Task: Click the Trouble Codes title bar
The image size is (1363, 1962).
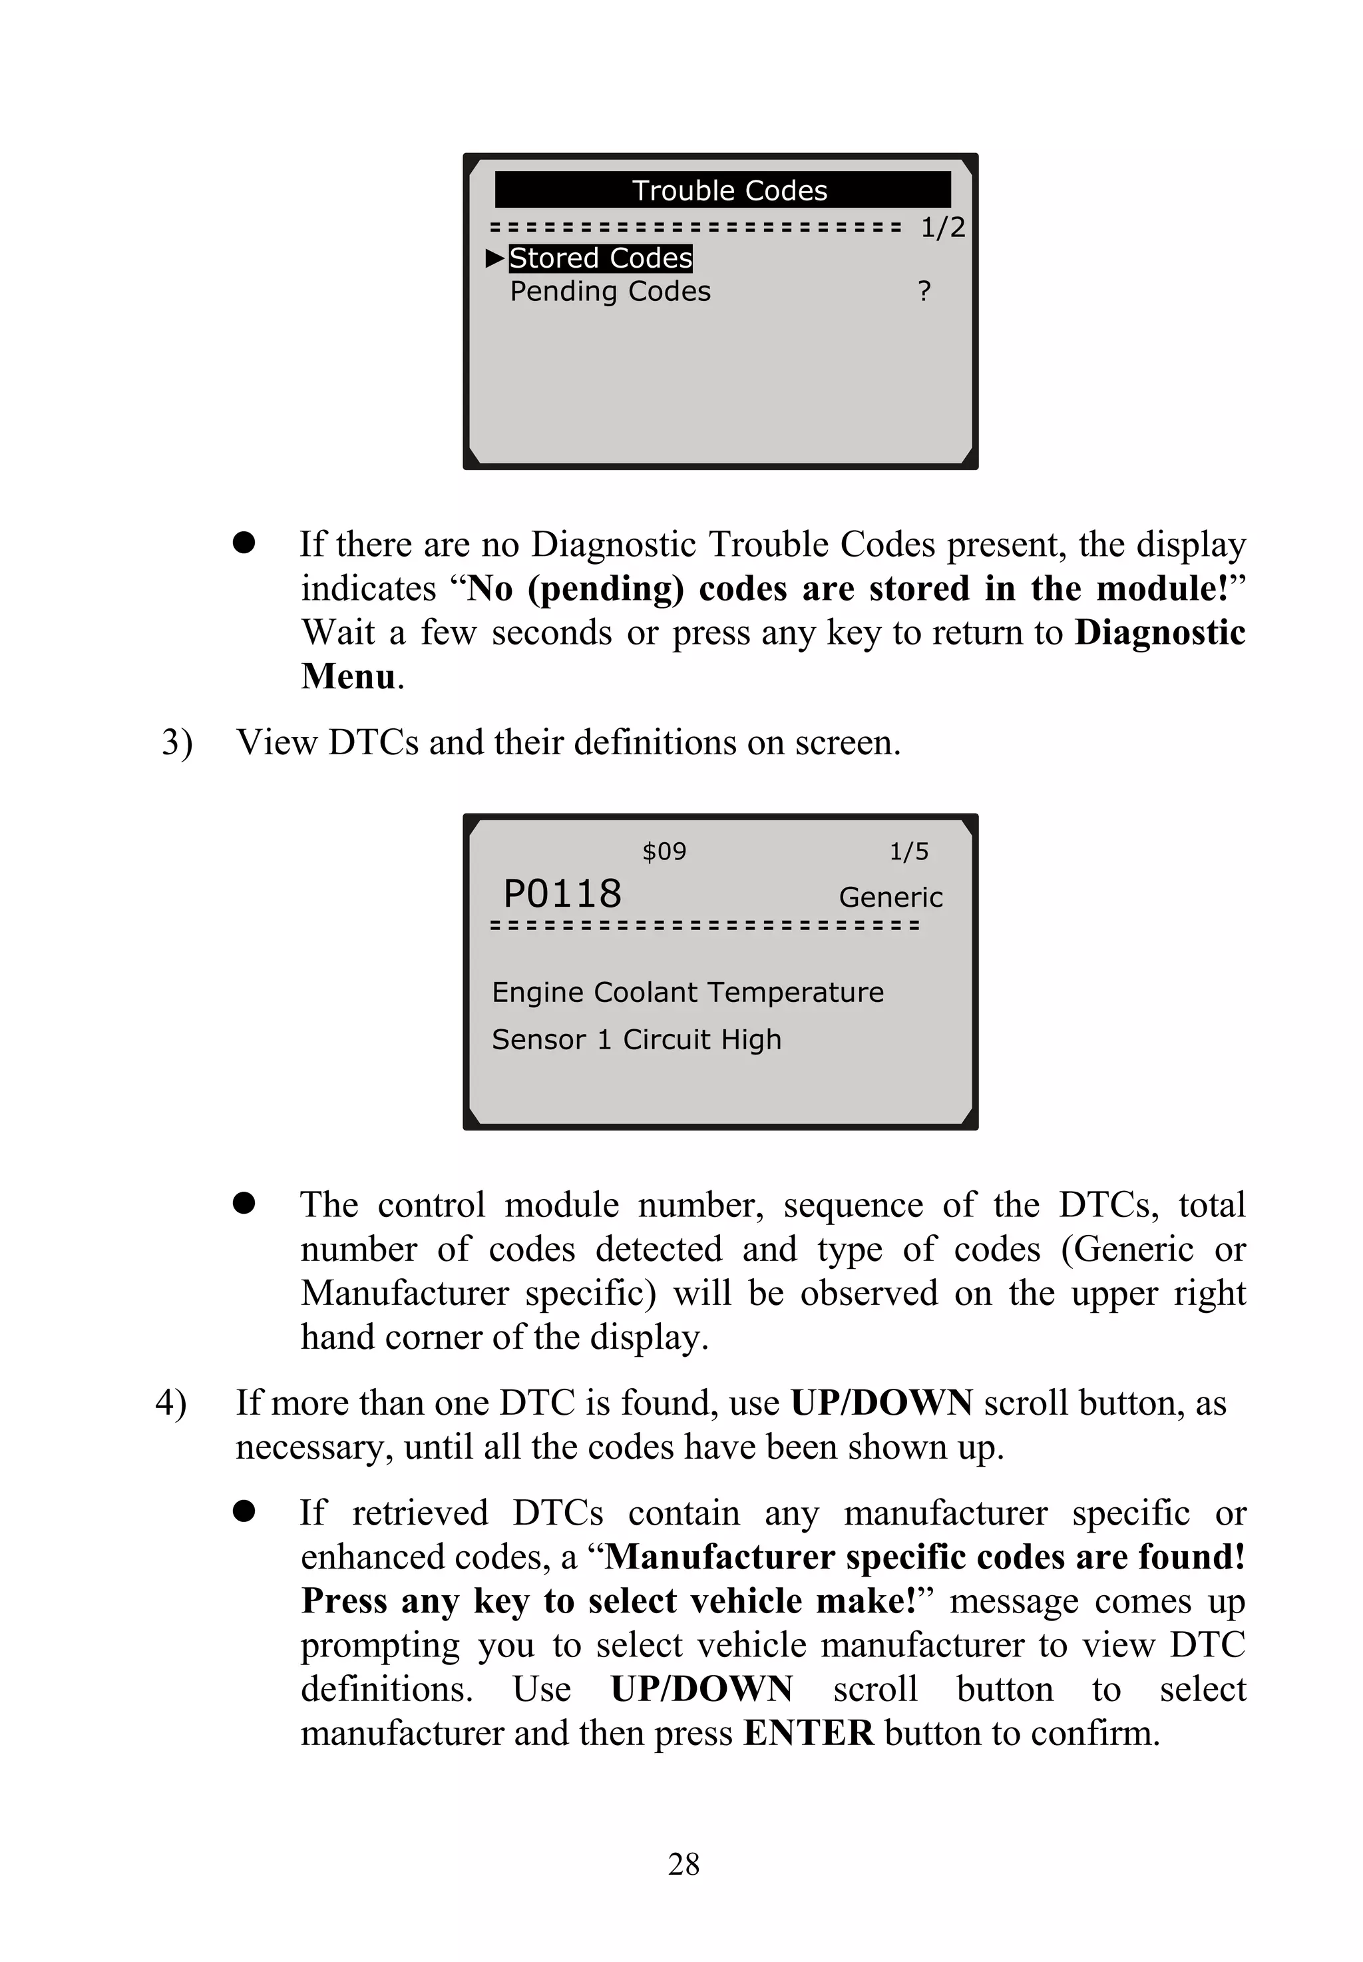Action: (x=723, y=190)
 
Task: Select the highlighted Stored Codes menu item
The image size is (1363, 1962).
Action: (x=600, y=258)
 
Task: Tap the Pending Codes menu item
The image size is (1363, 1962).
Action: (x=610, y=291)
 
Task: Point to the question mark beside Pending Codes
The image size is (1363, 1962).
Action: (x=924, y=291)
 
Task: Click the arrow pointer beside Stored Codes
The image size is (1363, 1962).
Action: (x=494, y=258)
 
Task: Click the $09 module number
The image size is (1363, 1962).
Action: (x=664, y=851)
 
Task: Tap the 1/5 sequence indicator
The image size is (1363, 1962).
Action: (x=908, y=851)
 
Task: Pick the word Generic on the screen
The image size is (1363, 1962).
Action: (x=890, y=897)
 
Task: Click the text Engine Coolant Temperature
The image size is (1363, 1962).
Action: (x=687, y=992)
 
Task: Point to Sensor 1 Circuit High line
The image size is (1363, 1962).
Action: (x=636, y=1039)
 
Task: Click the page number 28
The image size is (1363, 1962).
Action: (x=683, y=1863)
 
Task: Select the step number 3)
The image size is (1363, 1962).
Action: (x=177, y=742)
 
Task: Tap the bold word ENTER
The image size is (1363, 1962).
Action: (x=808, y=1732)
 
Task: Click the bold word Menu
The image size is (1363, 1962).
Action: (x=349, y=676)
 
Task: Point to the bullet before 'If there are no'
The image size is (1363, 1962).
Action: (x=244, y=543)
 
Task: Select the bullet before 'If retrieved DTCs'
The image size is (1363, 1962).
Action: (x=244, y=1512)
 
